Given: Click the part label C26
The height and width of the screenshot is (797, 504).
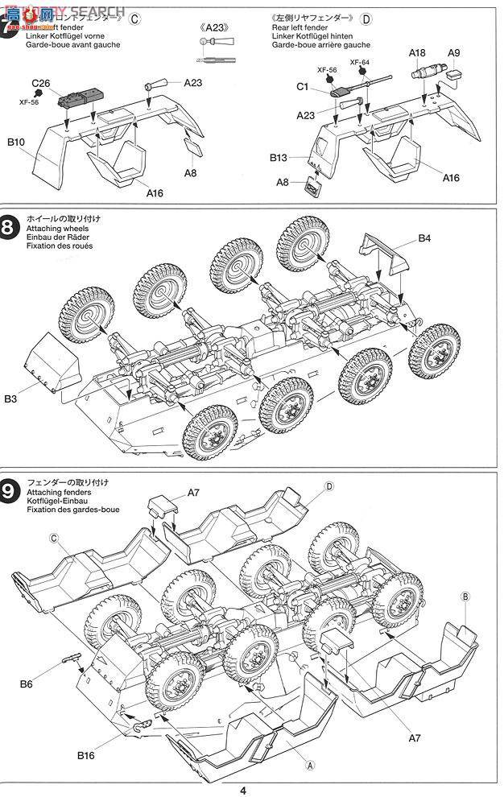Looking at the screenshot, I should click(42, 83).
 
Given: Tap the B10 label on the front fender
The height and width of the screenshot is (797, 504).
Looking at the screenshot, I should click(18, 142).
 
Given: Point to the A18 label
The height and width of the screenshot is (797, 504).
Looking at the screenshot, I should click(417, 53).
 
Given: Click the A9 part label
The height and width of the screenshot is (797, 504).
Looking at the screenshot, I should click(454, 53).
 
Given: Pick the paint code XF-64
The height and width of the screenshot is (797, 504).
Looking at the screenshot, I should click(360, 62).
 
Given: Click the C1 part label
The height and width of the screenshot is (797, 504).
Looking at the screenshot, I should click(303, 87).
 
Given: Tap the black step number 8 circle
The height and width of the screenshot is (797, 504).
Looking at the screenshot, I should click(9, 228).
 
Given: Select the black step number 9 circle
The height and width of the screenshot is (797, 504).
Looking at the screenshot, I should click(9, 491).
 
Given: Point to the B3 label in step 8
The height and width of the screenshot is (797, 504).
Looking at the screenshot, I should click(10, 398).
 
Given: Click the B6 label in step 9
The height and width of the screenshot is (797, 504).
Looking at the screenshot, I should click(27, 684).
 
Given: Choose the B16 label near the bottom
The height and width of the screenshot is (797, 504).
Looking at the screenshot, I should click(87, 755).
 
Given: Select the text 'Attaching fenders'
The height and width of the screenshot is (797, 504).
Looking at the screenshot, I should click(54, 492).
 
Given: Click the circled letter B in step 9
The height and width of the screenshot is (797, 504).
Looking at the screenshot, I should click(465, 596).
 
